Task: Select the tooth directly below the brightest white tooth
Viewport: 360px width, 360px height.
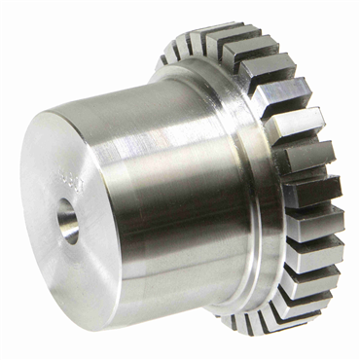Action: point(311,156)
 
